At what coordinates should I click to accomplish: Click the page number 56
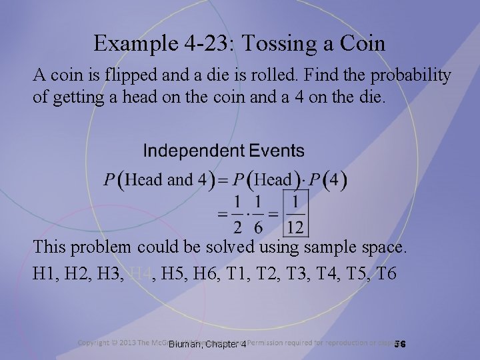point(400,344)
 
